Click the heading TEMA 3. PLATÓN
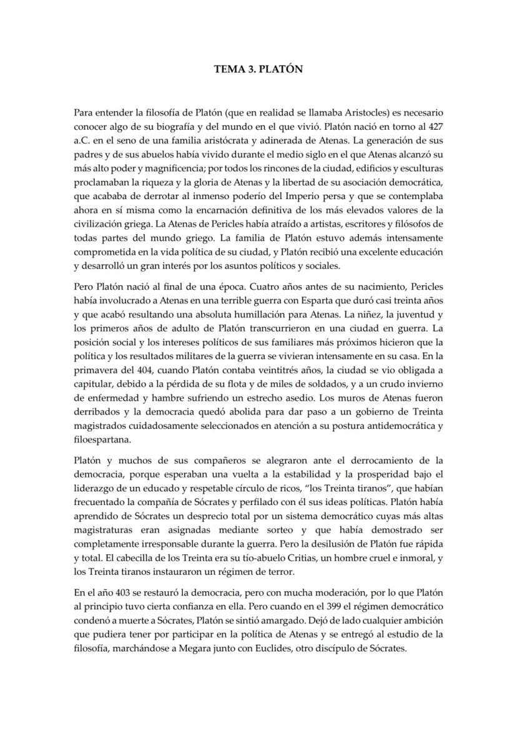tap(258, 69)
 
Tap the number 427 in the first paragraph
tap(435, 127)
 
